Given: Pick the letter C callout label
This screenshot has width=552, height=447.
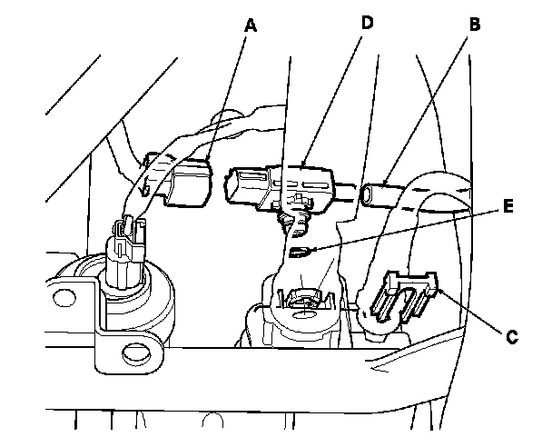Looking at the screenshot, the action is [511, 336].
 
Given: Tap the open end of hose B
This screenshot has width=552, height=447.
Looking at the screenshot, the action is [370, 193].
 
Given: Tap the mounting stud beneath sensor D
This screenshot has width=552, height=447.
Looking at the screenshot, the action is [290, 218].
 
